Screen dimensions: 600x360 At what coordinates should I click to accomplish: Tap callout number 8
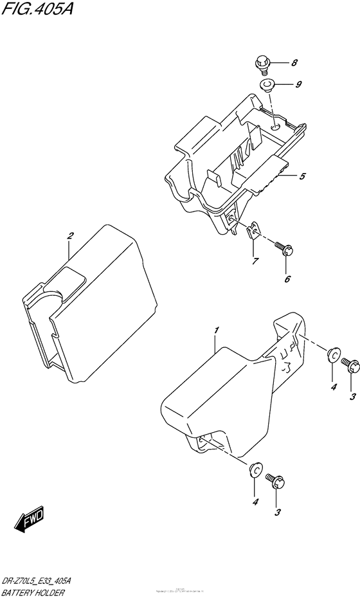tap(294, 62)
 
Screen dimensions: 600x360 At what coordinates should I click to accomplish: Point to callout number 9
tap(298, 84)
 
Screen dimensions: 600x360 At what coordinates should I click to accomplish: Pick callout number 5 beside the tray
tap(301, 176)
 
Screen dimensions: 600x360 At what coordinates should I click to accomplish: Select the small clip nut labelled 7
tap(254, 231)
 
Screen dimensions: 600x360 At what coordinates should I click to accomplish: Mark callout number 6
tap(287, 278)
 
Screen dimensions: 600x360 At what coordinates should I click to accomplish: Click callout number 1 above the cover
tap(217, 330)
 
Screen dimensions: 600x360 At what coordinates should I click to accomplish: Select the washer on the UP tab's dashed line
tap(334, 355)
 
